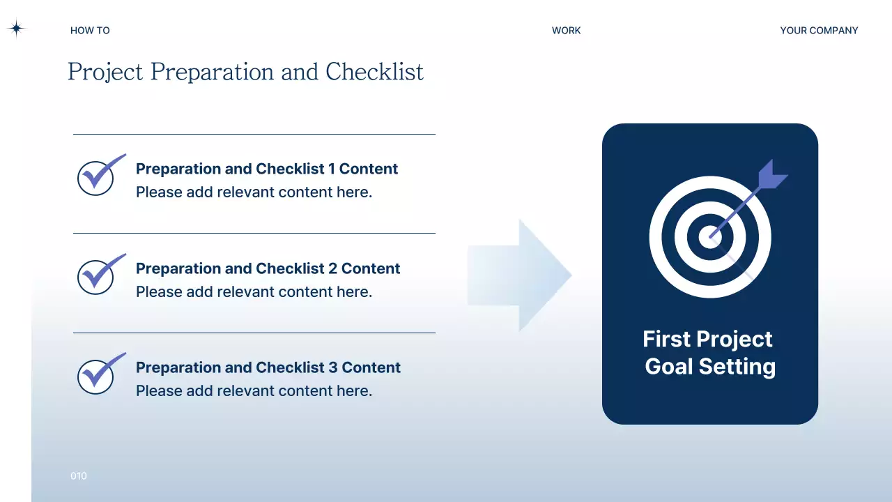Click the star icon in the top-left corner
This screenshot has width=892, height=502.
point(16,29)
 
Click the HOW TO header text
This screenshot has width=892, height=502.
point(90,31)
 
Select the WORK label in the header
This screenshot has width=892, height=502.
point(566,31)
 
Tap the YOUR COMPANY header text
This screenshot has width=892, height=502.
point(819,31)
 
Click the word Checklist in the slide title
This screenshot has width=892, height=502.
point(374,72)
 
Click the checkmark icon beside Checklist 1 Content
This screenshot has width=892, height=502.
point(98,176)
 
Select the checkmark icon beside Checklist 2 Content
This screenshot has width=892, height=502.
point(98,275)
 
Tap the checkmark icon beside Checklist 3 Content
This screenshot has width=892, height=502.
point(98,374)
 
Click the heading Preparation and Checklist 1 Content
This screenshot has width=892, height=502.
point(267,169)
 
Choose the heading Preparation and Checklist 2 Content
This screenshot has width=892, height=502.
point(268,268)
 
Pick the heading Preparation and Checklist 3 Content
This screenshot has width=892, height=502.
point(268,367)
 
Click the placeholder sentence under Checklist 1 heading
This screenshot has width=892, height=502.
point(254,192)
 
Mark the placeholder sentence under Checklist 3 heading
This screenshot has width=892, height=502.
point(254,391)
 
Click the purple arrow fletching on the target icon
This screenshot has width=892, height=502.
point(771,176)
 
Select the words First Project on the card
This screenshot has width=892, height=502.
point(707,339)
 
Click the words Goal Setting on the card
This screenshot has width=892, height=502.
point(710,367)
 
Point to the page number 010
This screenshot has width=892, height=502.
point(79,476)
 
